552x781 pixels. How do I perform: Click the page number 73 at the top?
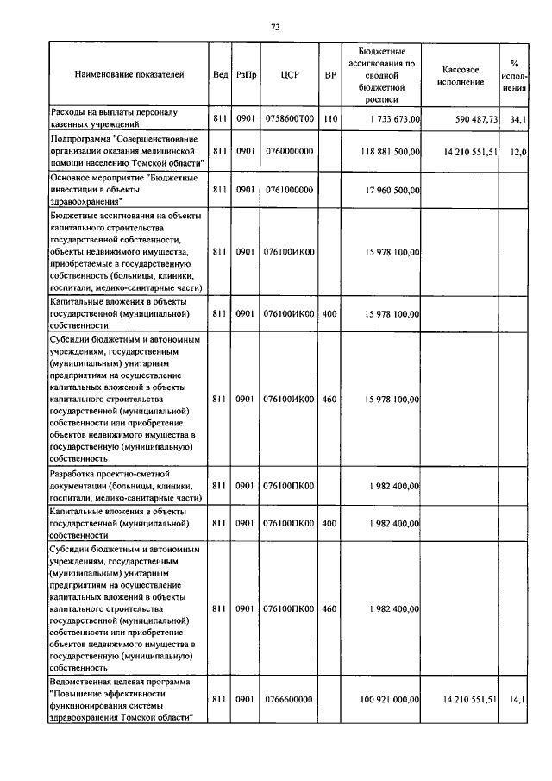click(276, 27)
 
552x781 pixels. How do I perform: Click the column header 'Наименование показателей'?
click(129, 75)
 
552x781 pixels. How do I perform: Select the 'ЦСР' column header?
click(290, 75)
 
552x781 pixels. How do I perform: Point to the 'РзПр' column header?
click(246, 75)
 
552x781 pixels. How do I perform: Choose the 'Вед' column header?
click(220, 75)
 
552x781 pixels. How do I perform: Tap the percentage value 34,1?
click(517, 119)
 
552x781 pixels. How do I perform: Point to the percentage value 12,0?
click(518, 151)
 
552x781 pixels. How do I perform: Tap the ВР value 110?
click(329, 119)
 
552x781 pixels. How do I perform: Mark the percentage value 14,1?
click(517, 699)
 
